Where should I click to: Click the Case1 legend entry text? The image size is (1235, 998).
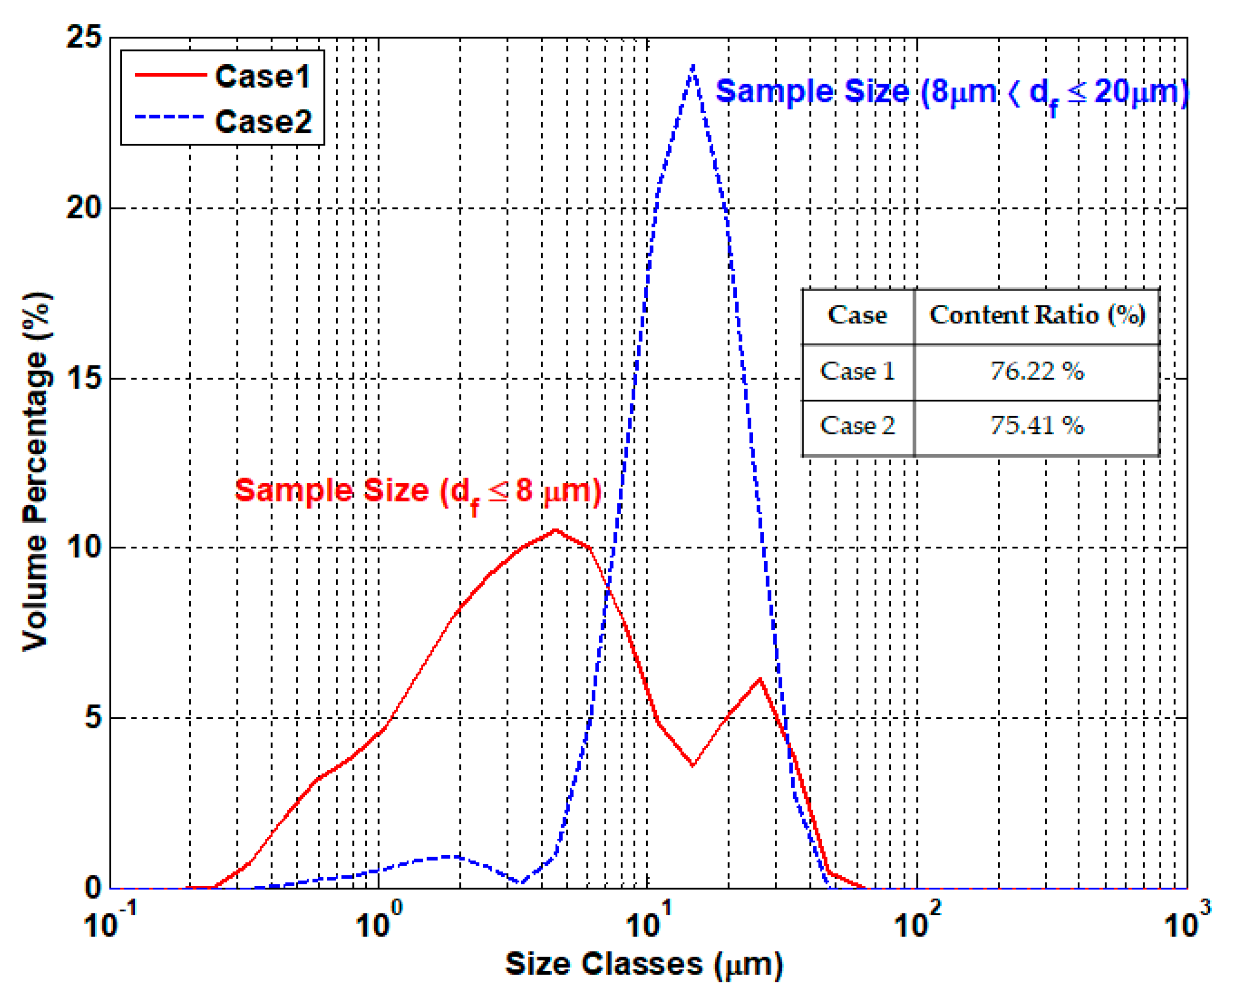(x=262, y=77)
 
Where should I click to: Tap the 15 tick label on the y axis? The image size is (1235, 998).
(x=84, y=378)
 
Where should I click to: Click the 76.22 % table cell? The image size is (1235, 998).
(x=1036, y=371)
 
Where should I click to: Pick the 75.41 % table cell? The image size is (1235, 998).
(x=1036, y=426)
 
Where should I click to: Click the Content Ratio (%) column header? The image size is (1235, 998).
(x=1037, y=315)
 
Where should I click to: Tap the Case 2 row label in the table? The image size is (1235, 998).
(x=857, y=426)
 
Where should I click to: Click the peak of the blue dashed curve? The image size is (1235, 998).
(x=694, y=67)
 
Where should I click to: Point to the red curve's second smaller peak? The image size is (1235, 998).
(x=760, y=680)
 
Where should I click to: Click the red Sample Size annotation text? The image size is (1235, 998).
(x=418, y=492)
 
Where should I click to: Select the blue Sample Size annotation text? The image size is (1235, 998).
(x=951, y=92)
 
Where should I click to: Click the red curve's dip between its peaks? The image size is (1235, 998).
(x=693, y=765)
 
